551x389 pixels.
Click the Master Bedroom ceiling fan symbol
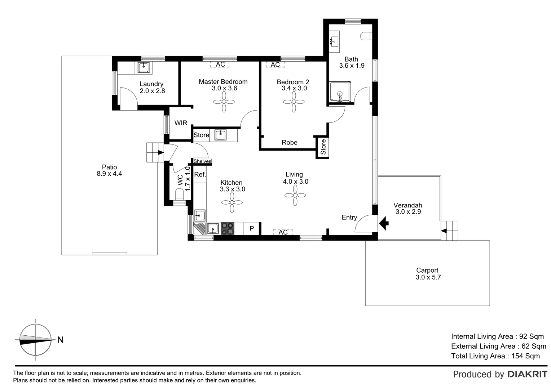point(224,102)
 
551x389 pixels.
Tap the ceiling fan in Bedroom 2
point(294,102)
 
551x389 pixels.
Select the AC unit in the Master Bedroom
point(220,64)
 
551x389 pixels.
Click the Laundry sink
point(144,67)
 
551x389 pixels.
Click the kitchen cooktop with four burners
point(228,228)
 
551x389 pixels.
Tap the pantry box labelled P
point(252,228)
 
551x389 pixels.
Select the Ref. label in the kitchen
point(200,175)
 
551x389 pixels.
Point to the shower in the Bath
point(339,92)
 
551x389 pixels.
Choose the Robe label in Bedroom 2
point(290,143)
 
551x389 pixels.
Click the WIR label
point(181,123)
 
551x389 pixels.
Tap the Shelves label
point(202,161)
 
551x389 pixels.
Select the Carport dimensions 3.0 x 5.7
point(428,277)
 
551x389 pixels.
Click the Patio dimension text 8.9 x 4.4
point(110,174)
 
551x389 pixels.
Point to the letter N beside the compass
point(60,340)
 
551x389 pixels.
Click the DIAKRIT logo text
point(527,374)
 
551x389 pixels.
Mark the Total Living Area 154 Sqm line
point(495,356)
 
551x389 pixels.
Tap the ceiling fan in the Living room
point(295,195)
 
